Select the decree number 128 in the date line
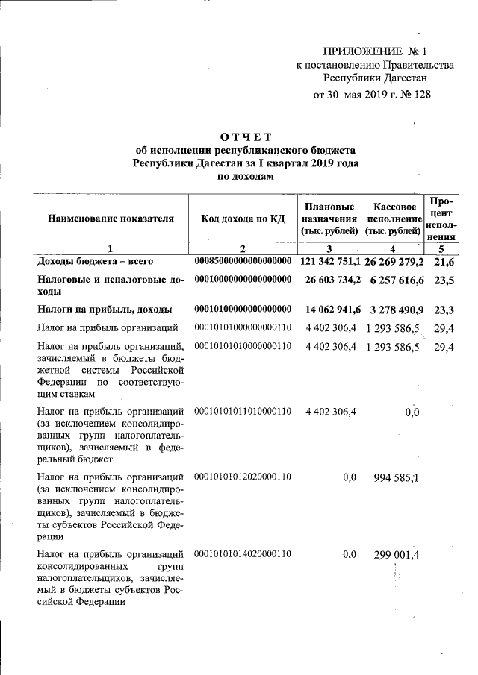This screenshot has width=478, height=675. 421,95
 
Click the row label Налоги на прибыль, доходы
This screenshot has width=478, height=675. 105,309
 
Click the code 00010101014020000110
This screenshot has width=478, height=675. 243,554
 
